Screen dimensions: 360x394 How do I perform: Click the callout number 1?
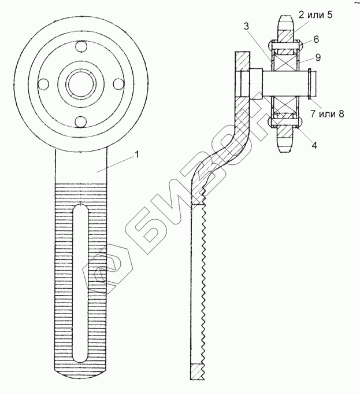tap(137, 155)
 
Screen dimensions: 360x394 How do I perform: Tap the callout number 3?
tap(247, 26)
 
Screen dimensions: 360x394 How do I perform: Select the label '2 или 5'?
tap(316, 15)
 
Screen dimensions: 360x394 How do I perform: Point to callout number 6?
tap(316, 39)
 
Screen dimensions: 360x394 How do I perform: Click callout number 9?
tap(318, 57)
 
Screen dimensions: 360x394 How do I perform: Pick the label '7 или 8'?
tap(327, 113)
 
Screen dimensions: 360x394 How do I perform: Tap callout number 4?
tap(314, 145)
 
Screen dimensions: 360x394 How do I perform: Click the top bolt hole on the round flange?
tap(81, 47)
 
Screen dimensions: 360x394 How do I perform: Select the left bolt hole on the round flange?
tap(43, 84)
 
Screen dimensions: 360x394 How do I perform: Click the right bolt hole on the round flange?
tap(118, 84)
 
